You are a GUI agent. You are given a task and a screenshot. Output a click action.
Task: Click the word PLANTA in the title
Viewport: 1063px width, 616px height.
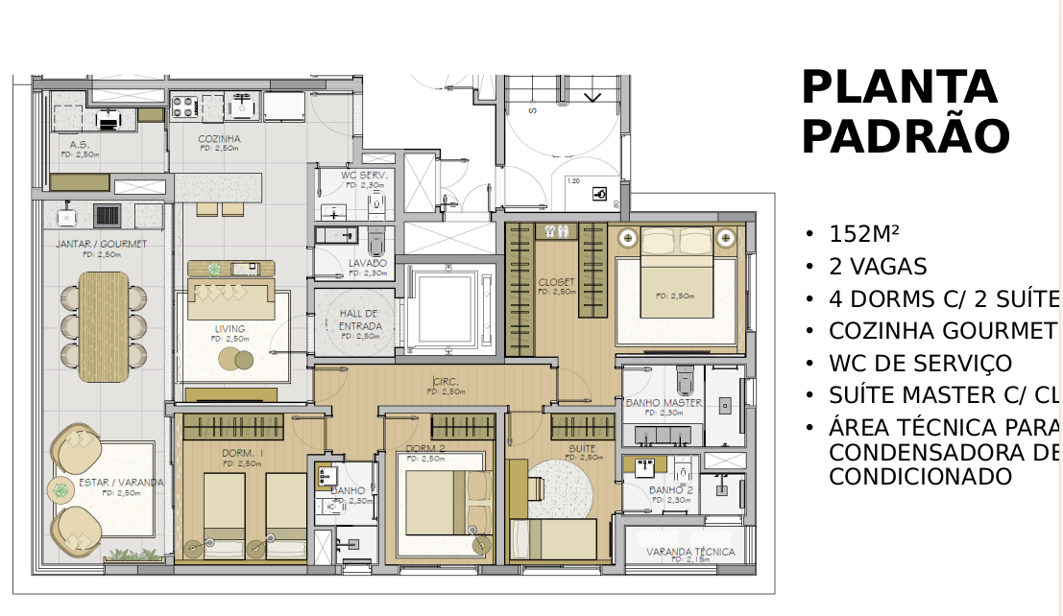point(899,88)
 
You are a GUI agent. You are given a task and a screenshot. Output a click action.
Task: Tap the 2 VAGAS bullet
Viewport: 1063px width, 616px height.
point(878,267)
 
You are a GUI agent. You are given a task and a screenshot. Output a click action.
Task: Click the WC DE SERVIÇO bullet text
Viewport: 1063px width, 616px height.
point(920,364)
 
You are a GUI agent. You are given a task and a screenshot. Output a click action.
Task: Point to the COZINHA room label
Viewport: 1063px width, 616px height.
point(219,139)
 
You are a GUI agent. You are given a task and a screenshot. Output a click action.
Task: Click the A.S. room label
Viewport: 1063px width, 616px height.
point(80,145)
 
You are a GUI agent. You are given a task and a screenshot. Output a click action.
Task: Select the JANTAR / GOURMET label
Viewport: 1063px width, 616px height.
point(101,244)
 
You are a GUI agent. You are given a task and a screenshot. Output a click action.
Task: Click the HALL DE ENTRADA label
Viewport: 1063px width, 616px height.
point(360,320)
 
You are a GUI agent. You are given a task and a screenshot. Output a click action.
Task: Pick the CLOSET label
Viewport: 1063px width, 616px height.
point(556,281)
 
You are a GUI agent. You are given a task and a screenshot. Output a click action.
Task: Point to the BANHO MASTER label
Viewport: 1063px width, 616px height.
point(664,403)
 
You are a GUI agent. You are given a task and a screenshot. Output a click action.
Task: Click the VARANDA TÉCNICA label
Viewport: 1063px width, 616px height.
point(690,552)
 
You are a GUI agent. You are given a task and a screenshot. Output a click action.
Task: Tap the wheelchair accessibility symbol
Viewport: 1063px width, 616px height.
point(602,194)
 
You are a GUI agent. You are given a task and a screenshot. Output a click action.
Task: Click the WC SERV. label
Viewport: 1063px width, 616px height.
point(364,176)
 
